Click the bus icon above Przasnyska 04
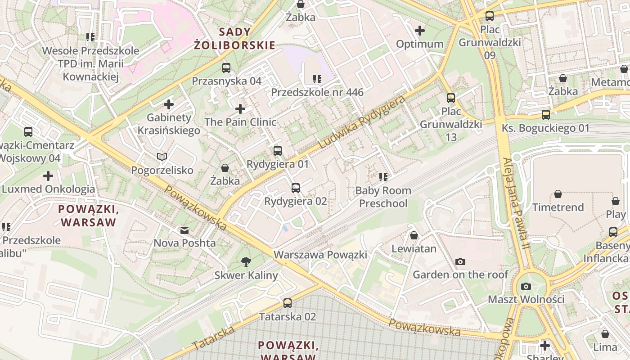[x=226, y=68]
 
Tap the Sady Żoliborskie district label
[x=234, y=38]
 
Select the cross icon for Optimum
[x=420, y=31]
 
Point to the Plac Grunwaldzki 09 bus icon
[x=490, y=16]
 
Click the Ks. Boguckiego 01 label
[x=545, y=128]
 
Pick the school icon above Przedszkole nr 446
[x=317, y=79]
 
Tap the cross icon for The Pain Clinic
[x=240, y=109]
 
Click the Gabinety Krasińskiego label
[x=169, y=124]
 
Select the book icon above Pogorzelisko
[x=162, y=157]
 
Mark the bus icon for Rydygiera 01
[x=278, y=151]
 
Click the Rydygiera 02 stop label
[x=296, y=201]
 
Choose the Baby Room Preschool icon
[x=383, y=177]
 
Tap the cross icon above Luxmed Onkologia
[x=48, y=175]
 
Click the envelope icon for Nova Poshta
[x=184, y=230]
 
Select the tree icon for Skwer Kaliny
[x=246, y=261]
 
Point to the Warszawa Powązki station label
[x=320, y=255]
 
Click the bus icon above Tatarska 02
[x=288, y=303]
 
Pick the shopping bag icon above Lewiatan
[x=414, y=235]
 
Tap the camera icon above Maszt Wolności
[x=526, y=286]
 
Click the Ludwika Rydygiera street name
[x=361, y=122]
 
